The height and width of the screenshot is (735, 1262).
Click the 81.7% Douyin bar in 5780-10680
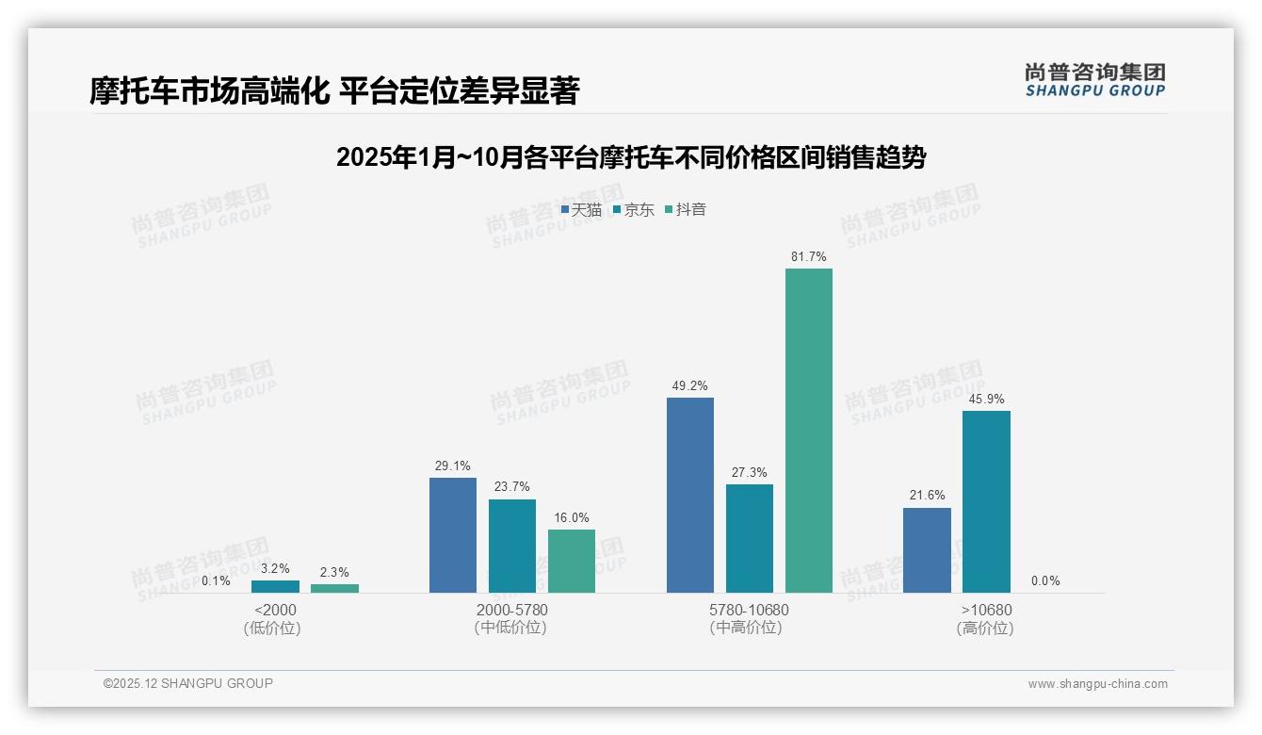click(x=809, y=431)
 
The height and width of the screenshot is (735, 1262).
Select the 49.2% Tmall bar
click(x=690, y=495)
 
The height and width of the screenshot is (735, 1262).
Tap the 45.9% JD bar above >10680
click(x=986, y=501)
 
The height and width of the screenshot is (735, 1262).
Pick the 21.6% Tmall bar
click(x=927, y=550)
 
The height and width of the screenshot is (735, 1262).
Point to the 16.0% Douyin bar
click(x=572, y=561)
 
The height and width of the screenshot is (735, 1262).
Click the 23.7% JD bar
click(x=512, y=546)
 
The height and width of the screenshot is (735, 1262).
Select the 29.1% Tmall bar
click(x=453, y=535)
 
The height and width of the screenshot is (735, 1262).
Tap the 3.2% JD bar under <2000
click(x=275, y=586)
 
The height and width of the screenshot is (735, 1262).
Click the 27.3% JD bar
click(x=750, y=538)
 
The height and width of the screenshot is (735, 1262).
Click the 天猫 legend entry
click(x=581, y=210)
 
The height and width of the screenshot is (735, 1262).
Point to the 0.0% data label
click(x=1045, y=581)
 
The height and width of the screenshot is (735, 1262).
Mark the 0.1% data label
click(x=216, y=581)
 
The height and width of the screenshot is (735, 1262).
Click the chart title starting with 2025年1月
click(x=631, y=157)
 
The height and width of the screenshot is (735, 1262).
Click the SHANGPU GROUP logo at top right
click(x=1094, y=80)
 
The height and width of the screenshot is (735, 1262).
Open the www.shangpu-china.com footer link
click(x=1097, y=684)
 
